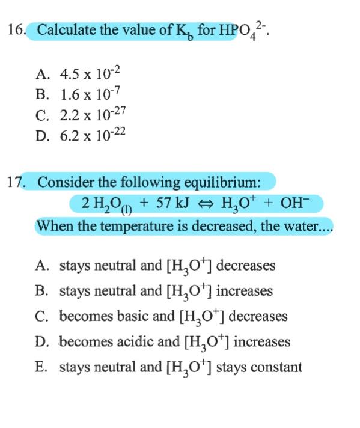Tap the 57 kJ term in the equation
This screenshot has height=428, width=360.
point(172,204)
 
